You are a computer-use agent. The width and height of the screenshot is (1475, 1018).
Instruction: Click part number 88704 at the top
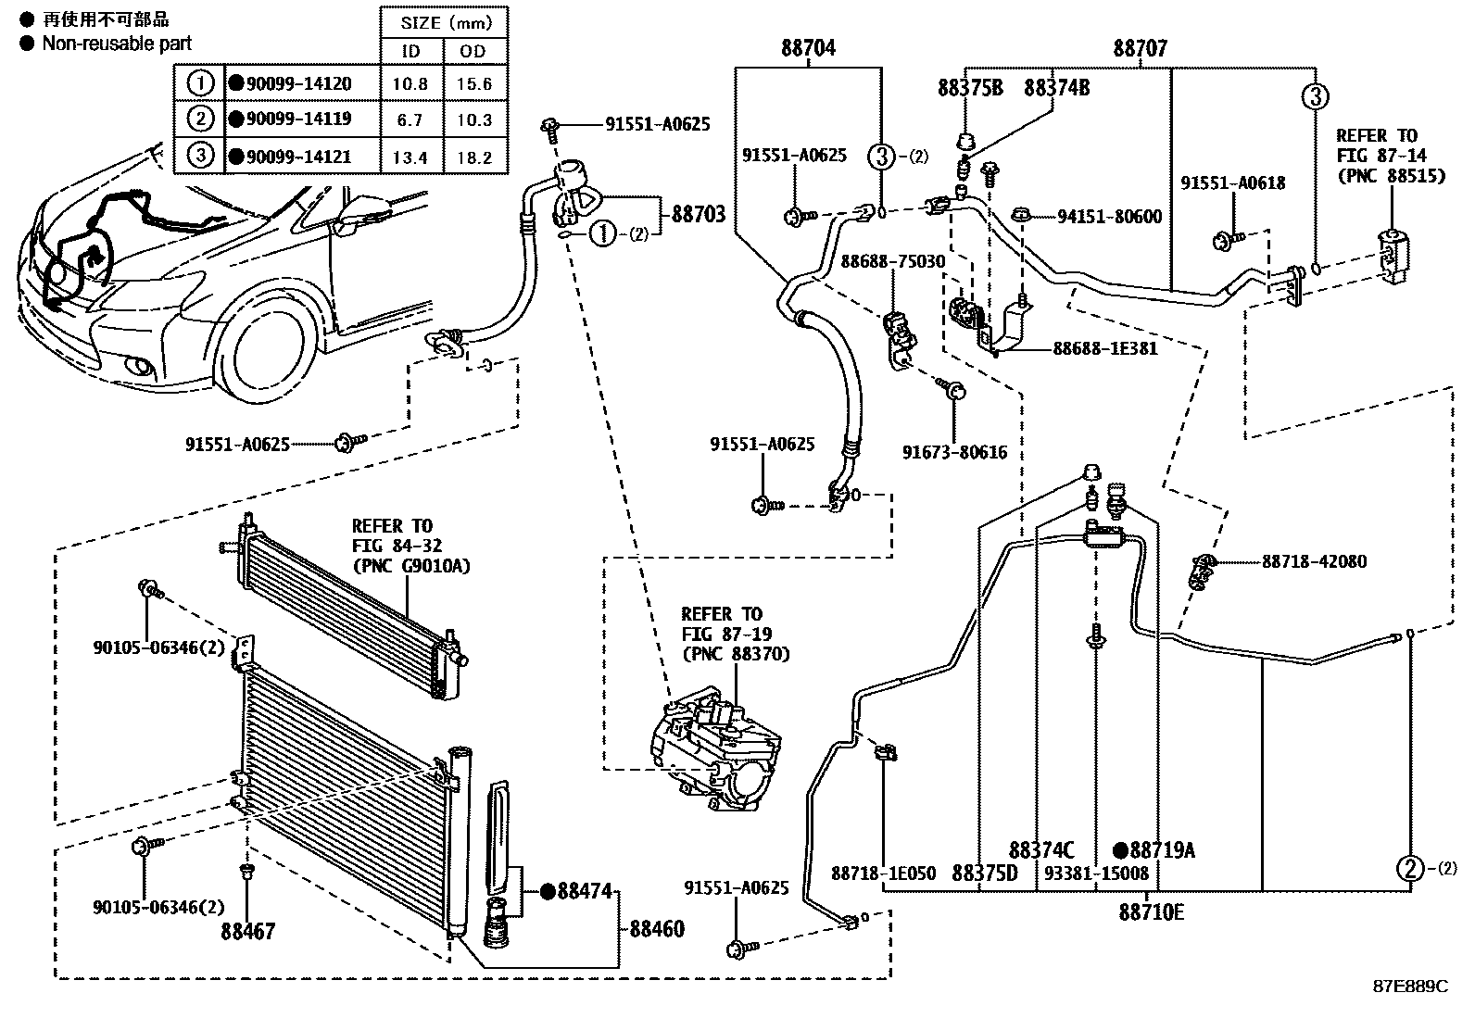808,47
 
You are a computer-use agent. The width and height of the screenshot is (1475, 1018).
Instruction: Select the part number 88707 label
1140,48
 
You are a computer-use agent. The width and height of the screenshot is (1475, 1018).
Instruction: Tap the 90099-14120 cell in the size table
299,84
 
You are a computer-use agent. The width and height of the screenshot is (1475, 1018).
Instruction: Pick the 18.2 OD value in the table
473,157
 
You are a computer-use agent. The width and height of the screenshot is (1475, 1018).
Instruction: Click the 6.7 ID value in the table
410,120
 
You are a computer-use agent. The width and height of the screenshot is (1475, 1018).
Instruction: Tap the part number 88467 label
247,932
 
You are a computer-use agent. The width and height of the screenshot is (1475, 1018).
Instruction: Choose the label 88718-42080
1313,562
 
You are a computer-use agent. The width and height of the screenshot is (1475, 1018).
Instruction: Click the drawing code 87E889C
1409,987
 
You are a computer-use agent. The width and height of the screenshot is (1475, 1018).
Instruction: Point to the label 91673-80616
954,453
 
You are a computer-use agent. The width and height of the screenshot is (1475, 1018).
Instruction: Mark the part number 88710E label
1151,912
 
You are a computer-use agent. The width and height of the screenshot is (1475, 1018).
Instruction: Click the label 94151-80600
1109,217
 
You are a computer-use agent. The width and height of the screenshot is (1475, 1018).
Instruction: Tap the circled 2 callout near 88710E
1409,868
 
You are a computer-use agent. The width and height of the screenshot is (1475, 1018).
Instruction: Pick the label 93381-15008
1096,873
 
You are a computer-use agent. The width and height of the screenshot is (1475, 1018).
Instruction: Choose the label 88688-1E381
1104,349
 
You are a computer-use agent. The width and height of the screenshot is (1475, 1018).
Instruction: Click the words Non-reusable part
117,43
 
